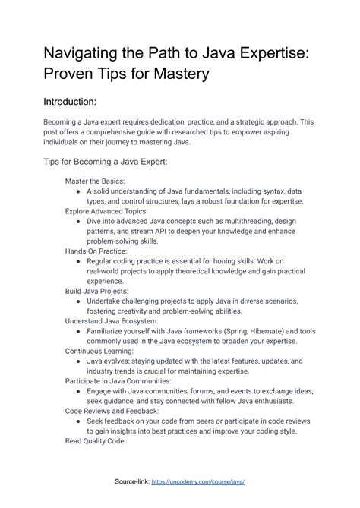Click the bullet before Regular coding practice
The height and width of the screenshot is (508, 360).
point(79,260)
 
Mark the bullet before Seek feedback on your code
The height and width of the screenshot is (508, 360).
point(79,420)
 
